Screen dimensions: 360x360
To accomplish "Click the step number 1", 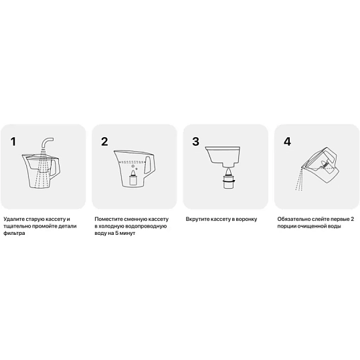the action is tap(13, 142).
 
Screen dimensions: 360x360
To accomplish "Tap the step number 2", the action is tap(104, 142).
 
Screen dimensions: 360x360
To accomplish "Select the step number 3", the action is tap(195, 142).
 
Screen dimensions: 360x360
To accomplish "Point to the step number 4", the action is tap(287, 142).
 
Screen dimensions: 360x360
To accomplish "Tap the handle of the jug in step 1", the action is tap(56, 167).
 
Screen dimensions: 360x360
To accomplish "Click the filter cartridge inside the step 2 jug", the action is tap(133, 177).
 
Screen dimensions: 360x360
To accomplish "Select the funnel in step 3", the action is tap(223, 156).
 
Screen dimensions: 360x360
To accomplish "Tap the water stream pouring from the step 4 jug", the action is tap(300, 179).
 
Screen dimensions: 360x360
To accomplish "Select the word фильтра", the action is tap(14, 234).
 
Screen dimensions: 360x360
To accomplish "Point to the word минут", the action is tap(127, 234).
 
